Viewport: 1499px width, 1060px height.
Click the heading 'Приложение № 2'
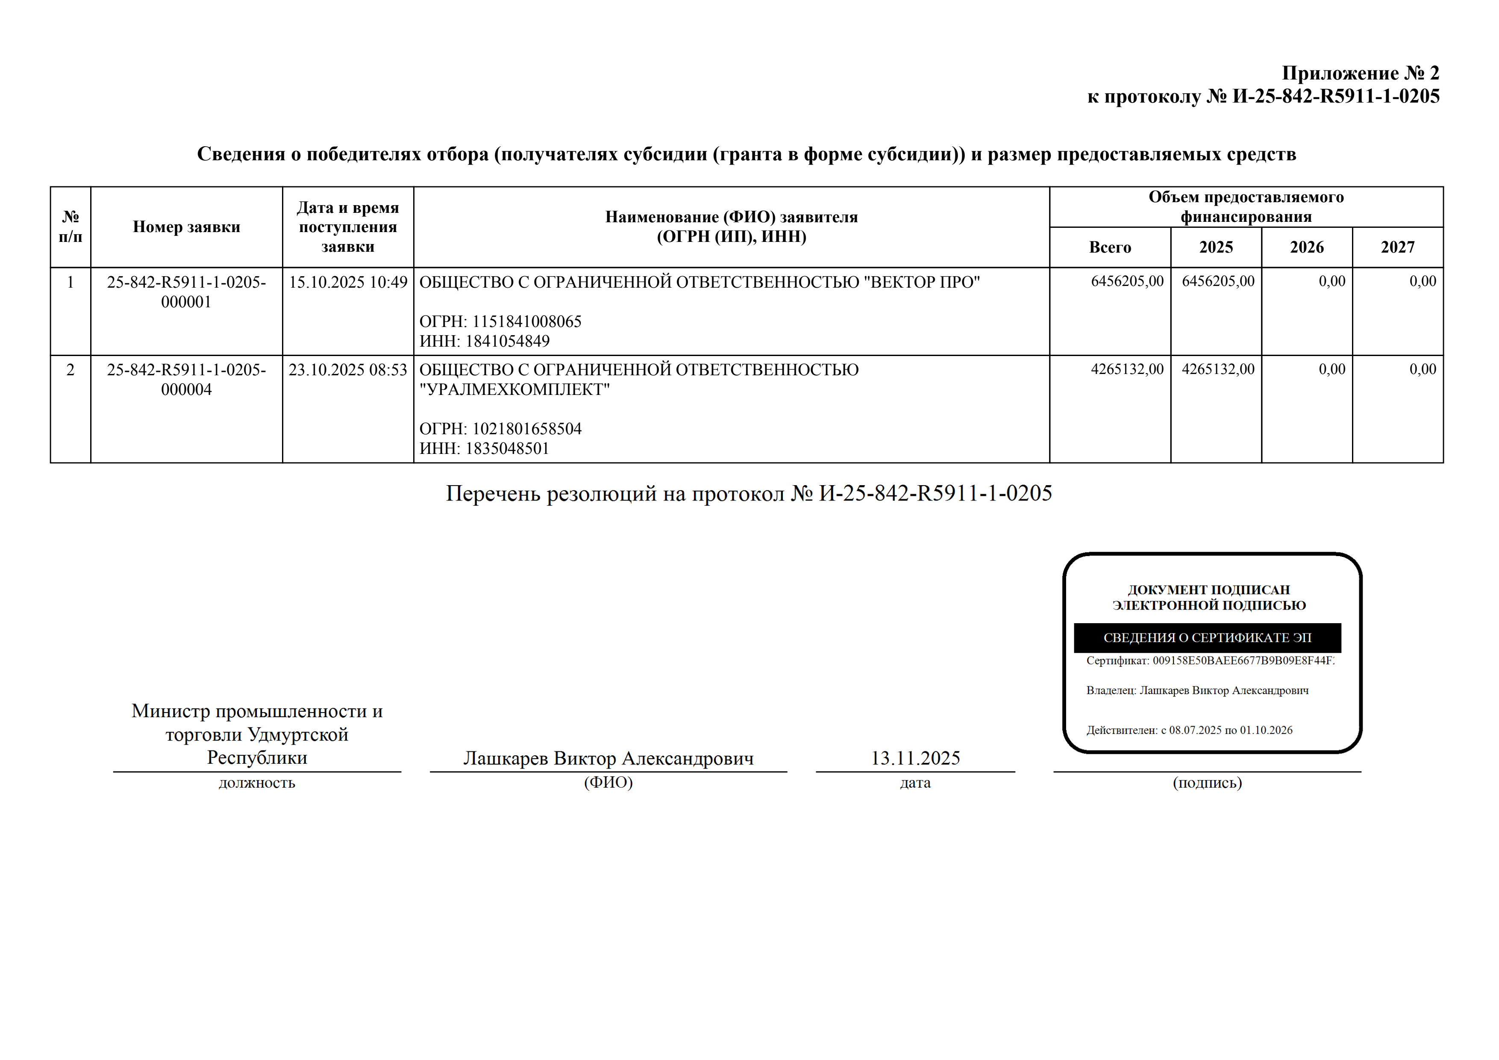(1360, 73)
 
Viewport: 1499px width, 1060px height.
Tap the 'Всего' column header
(1109, 247)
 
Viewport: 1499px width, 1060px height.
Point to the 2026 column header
(1306, 247)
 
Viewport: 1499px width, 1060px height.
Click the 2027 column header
(1397, 247)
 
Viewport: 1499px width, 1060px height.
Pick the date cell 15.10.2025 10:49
(348, 282)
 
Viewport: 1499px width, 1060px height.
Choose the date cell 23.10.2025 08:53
(348, 370)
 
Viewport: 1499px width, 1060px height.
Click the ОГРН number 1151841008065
(526, 321)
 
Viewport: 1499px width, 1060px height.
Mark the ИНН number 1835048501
(507, 449)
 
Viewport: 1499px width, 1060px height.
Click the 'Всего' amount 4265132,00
(1127, 369)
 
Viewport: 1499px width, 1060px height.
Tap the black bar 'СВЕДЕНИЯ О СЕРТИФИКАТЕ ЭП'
(1207, 637)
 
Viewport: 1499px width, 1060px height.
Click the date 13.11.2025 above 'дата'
(915, 758)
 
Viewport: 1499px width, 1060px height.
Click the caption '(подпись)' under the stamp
(1207, 783)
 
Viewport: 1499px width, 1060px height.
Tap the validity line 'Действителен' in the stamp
(1189, 730)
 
